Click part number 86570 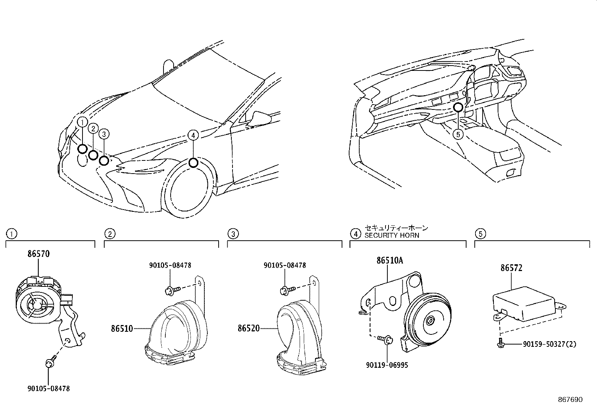point(38,254)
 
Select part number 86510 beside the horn point(122,329)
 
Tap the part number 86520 point(248,329)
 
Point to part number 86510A point(390,261)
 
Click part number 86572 point(511,268)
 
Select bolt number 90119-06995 point(387,365)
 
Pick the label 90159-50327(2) point(549,344)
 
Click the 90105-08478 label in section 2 point(170,265)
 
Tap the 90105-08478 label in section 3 point(285,265)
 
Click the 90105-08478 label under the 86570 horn point(48,389)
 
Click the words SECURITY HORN point(392,235)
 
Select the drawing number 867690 point(570,400)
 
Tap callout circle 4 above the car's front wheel point(192,135)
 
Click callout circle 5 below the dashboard point(458,134)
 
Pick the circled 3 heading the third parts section point(233,234)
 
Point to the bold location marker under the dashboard point(458,108)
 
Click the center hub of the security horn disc point(430,321)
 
